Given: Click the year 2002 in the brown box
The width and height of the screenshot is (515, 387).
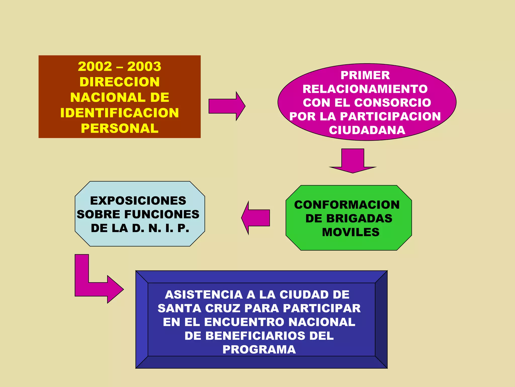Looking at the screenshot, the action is pos(95,67).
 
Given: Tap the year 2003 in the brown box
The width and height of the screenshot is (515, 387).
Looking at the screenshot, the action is pos(144,67).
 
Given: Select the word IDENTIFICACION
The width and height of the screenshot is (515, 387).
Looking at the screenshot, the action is pos(119,113).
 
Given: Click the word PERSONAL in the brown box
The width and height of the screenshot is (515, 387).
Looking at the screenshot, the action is pos(119,128).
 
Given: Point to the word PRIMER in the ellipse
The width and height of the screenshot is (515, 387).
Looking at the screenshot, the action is pos(365,75).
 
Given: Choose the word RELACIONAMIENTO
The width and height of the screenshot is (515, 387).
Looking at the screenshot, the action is pos(365,89).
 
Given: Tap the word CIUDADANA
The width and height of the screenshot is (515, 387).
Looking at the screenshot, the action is pos(367,130).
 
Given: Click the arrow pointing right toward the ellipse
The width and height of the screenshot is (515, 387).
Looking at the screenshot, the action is pos(226,106).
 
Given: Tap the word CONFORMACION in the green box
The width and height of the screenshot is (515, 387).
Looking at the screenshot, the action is pos(347,205).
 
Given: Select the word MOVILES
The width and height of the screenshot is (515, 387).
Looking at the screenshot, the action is pos(351,232).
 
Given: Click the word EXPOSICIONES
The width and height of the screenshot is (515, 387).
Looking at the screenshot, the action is pos(138,201).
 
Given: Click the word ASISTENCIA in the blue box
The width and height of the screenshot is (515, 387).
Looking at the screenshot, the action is pos(204,295).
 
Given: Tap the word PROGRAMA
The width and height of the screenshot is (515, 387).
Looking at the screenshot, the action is pos(259,350).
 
